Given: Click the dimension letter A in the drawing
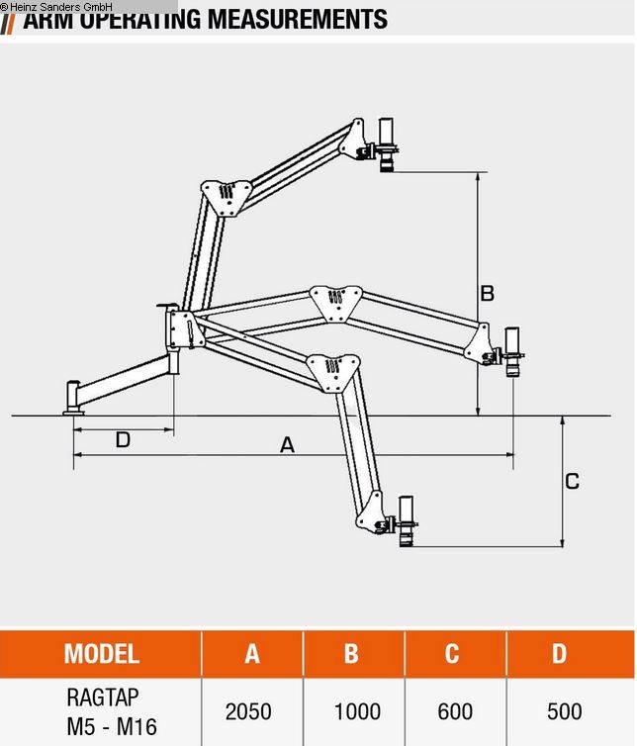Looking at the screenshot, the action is (287, 445).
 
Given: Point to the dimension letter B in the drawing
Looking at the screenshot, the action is (487, 293).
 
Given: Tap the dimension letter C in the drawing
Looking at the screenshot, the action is (573, 482).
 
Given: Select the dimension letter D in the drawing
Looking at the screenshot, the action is (123, 439).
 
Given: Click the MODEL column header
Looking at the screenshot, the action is (102, 654).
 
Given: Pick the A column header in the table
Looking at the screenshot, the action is (252, 654).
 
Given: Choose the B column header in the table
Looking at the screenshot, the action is (351, 654).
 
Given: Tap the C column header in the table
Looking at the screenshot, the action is (452, 654).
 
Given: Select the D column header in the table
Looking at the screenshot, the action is (560, 654).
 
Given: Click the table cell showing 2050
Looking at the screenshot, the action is (248, 711).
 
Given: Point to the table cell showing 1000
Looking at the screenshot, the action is (357, 711).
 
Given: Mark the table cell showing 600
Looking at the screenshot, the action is (455, 711).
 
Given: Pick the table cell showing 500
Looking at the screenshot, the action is (564, 711).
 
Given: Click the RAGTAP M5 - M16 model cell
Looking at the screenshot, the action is (113, 711).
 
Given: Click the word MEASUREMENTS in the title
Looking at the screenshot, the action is (298, 19).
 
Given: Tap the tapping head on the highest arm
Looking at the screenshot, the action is (386, 144).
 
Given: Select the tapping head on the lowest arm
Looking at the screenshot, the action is (406, 521).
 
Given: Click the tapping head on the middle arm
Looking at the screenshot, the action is (512, 352).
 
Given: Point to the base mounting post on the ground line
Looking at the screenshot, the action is (73, 398).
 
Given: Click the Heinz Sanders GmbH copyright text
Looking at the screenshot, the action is (56, 7).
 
